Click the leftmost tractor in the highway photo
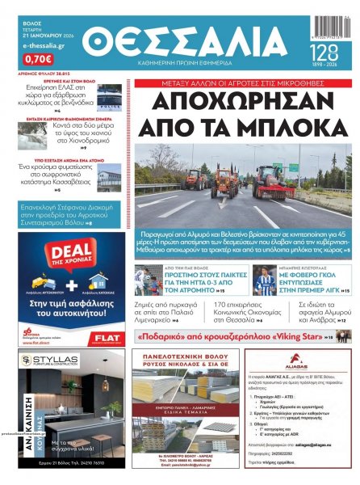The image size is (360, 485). [x=195, y=179]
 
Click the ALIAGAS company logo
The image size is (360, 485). [x=308, y=366]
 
